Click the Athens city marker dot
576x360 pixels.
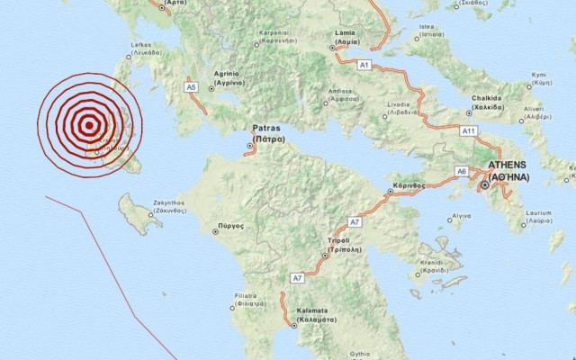[485, 184]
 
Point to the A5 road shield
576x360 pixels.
[191, 87]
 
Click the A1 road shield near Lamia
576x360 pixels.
[364, 66]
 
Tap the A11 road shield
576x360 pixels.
[468, 130]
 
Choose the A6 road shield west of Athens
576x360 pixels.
[461, 171]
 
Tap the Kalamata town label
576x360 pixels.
[317, 314]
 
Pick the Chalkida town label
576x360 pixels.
[483, 103]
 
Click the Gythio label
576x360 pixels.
[360, 354]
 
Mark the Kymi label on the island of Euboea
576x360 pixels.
[540, 78]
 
